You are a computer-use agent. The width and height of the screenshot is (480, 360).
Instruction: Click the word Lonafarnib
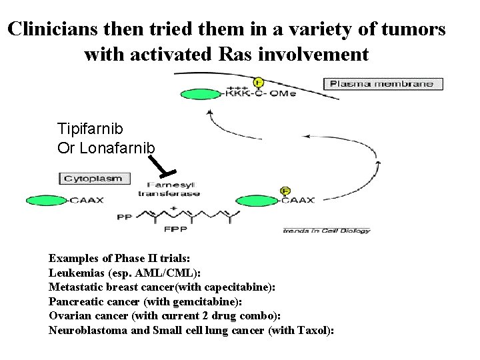coord(117,147)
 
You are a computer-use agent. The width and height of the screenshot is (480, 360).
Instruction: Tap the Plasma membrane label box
coord(382,84)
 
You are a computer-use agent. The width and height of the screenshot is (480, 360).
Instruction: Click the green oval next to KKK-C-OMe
coord(198,93)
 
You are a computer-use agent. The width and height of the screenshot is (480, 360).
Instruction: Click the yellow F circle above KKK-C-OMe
coord(259,82)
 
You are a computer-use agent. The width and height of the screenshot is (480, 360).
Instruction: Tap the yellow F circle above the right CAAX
coord(286,191)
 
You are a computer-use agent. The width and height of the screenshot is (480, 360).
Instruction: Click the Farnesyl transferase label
coord(163,189)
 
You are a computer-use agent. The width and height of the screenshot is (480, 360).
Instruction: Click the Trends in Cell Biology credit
coord(326,231)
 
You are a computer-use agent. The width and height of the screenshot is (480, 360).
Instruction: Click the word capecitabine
coord(234,287)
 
